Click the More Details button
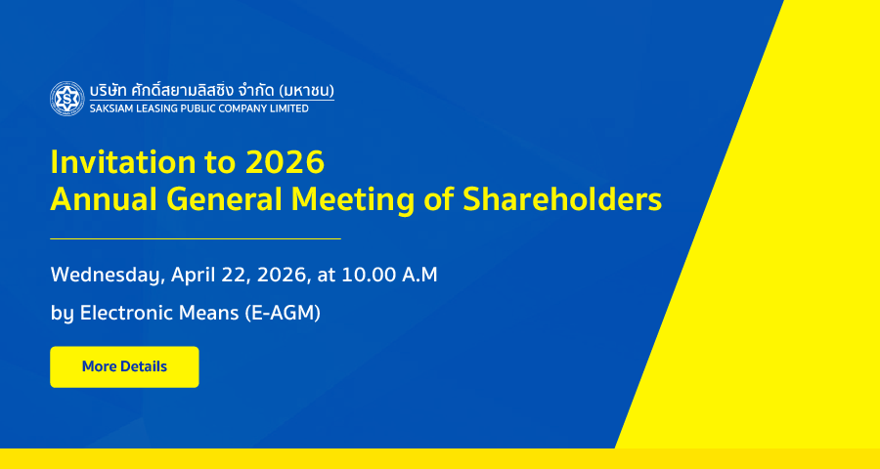(x=124, y=367)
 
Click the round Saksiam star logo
(x=67, y=99)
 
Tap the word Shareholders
(x=562, y=200)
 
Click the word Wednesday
(x=108, y=276)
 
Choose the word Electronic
(x=127, y=313)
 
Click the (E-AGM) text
(x=283, y=313)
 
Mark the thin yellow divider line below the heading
(x=196, y=239)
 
